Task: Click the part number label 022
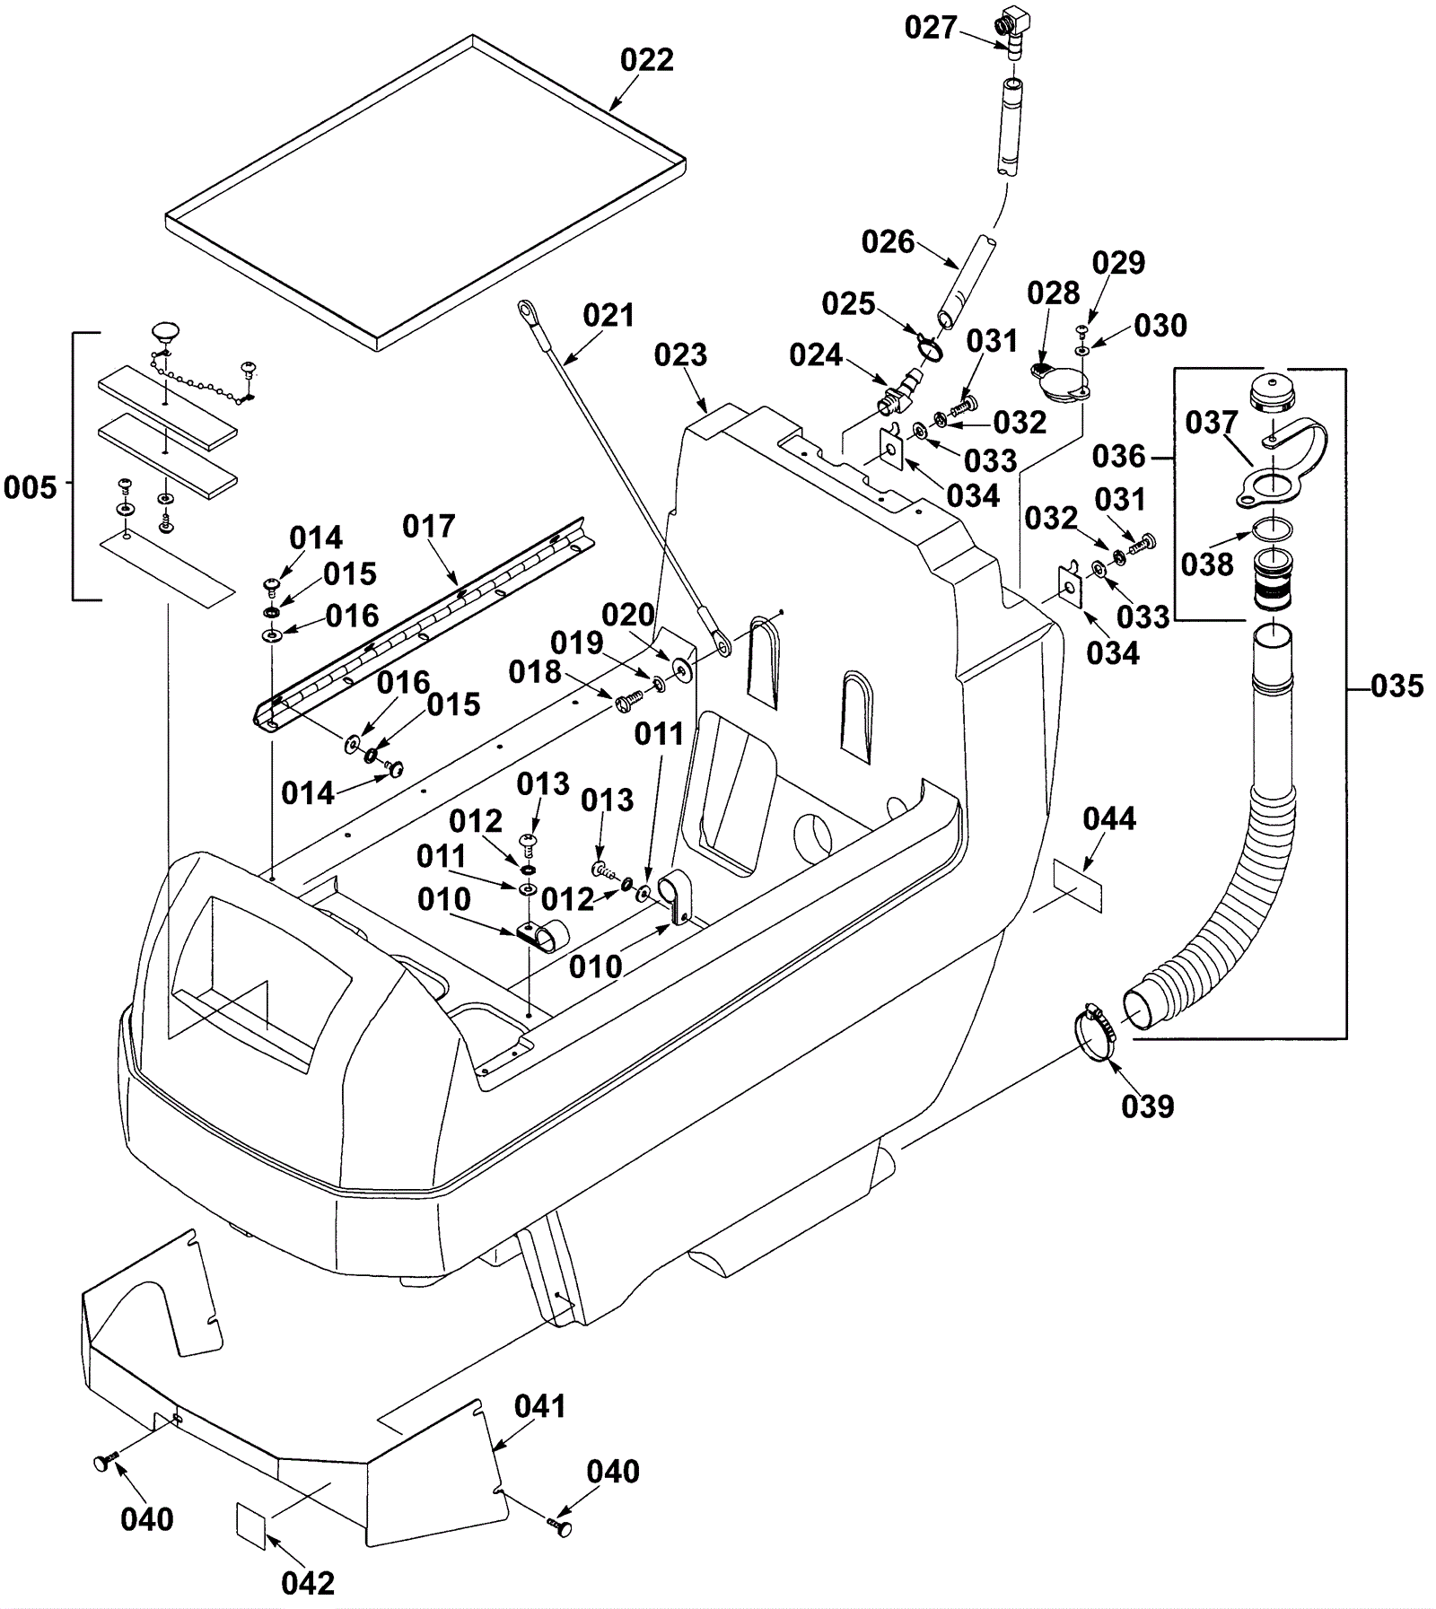[x=646, y=60]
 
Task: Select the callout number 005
[x=30, y=488]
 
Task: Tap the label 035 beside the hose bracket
[x=1397, y=686]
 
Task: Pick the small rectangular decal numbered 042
[x=251, y=1525]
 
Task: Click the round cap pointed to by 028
[x=1060, y=385]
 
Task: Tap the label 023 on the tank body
[x=680, y=355]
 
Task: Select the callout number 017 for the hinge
[x=428, y=527]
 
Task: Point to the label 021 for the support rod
[x=608, y=316]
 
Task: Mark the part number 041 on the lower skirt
[x=539, y=1406]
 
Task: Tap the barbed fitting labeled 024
[x=898, y=394]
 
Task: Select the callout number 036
[x=1118, y=457]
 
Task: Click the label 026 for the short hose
[x=888, y=242]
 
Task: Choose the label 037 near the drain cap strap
[x=1211, y=423]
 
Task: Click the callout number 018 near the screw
[x=535, y=672]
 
